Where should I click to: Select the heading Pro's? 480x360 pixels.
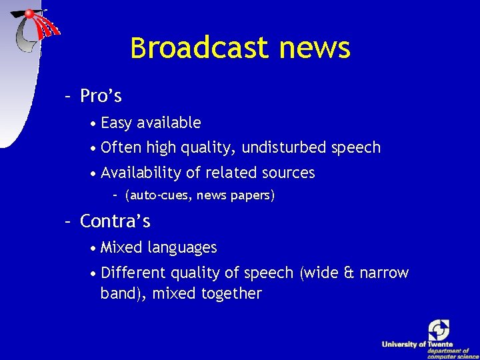pos(101,97)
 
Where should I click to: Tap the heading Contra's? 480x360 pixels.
pos(115,221)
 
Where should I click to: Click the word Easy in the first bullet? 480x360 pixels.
pos(117,123)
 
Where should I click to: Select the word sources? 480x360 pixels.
pos(287,173)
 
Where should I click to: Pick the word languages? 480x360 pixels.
pos(182,248)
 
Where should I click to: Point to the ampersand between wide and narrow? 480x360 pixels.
pos(348,273)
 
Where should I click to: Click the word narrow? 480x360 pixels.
pos(384,273)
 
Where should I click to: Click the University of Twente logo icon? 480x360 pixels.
pos(439,329)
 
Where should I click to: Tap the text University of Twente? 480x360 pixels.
pos(417,344)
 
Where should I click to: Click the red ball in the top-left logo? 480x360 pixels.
pos(29,13)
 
